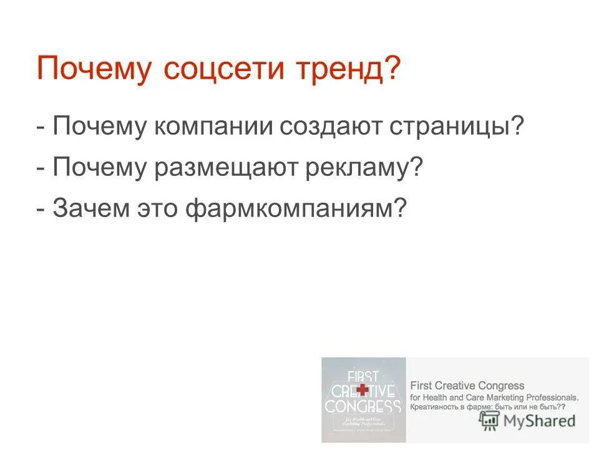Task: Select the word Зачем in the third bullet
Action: click(x=90, y=208)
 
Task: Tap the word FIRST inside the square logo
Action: click(x=363, y=376)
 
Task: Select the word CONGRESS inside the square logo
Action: click(x=363, y=406)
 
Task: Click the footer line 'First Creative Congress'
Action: click(x=467, y=385)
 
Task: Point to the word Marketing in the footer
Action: click(x=500, y=397)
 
